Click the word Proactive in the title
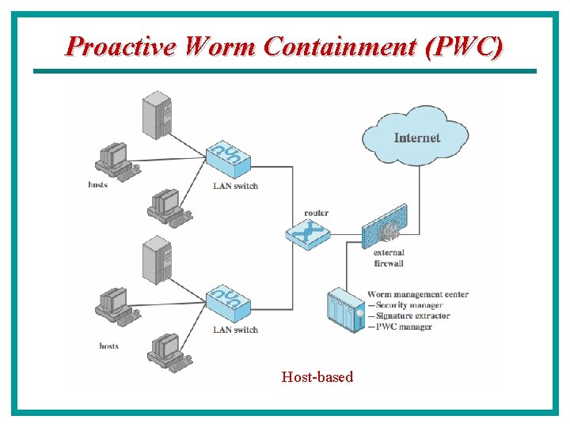click(x=120, y=47)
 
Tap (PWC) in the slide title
click(x=463, y=47)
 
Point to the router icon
click(x=308, y=233)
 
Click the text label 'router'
click(x=316, y=213)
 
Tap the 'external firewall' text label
click(x=389, y=259)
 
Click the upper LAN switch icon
click(x=228, y=160)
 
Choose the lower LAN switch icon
click(x=228, y=303)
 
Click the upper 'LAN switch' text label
click(x=235, y=187)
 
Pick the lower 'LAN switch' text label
click(x=235, y=330)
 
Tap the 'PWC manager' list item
click(x=403, y=327)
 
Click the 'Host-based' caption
click(x=317, y=377)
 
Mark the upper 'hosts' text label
click(x=98, y=185)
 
